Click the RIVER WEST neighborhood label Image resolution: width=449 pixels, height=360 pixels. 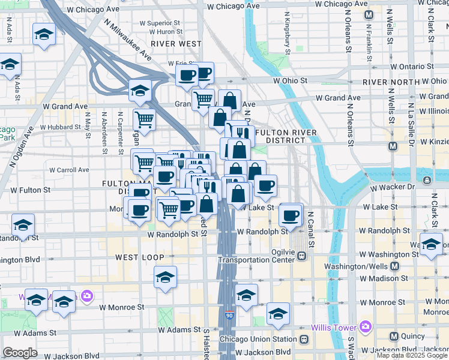pos(176,44)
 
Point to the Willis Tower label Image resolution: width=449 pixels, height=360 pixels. pos(335,328)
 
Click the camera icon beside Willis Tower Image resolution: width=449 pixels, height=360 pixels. pos(365,327)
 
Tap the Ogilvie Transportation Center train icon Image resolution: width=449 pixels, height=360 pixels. pos(302,256)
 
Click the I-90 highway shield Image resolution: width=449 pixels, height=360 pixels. pos(229,315)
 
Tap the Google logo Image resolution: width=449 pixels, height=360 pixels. pos(20,352)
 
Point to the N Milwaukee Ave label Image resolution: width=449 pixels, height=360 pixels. pos(127,39)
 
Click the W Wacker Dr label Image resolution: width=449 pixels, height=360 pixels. pos(393,187)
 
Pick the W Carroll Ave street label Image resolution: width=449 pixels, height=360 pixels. pos(70,170)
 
